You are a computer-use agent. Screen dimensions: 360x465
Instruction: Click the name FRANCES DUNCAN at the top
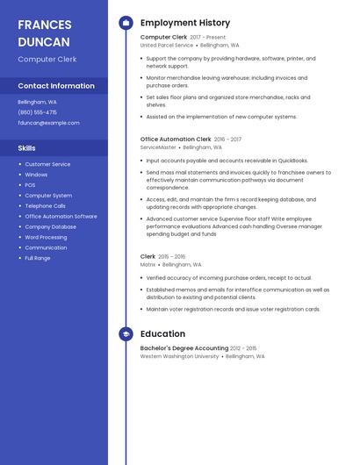pos(44,32)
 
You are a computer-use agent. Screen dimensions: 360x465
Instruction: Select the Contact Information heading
pos(56,86)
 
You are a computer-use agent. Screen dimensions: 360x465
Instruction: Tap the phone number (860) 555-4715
pos(37,112)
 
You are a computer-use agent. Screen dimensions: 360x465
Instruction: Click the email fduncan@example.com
pos(48,123)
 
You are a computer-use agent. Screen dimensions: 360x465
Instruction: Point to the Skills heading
pos(26,148)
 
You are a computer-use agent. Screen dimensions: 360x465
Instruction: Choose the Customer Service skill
pos(47,164)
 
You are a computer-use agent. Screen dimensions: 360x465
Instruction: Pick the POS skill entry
pos(30,185)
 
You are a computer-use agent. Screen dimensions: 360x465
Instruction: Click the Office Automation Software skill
pos(61,216)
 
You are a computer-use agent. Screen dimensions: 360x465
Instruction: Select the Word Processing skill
pos(46,237)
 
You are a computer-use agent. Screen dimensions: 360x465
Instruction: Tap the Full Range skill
pos(38,258)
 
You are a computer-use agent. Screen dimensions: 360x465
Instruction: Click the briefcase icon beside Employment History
pos(125,23)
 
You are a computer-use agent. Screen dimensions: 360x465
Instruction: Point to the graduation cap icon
pos(125,334)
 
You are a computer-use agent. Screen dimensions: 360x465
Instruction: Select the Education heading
pos(162,334)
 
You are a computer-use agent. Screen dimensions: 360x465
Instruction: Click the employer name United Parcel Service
pos(167,45)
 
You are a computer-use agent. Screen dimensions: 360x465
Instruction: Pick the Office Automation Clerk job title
pos(176,139)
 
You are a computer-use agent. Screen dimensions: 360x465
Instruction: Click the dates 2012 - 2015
pos(243,348)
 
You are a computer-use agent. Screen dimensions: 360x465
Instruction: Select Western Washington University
pos(180,356)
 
